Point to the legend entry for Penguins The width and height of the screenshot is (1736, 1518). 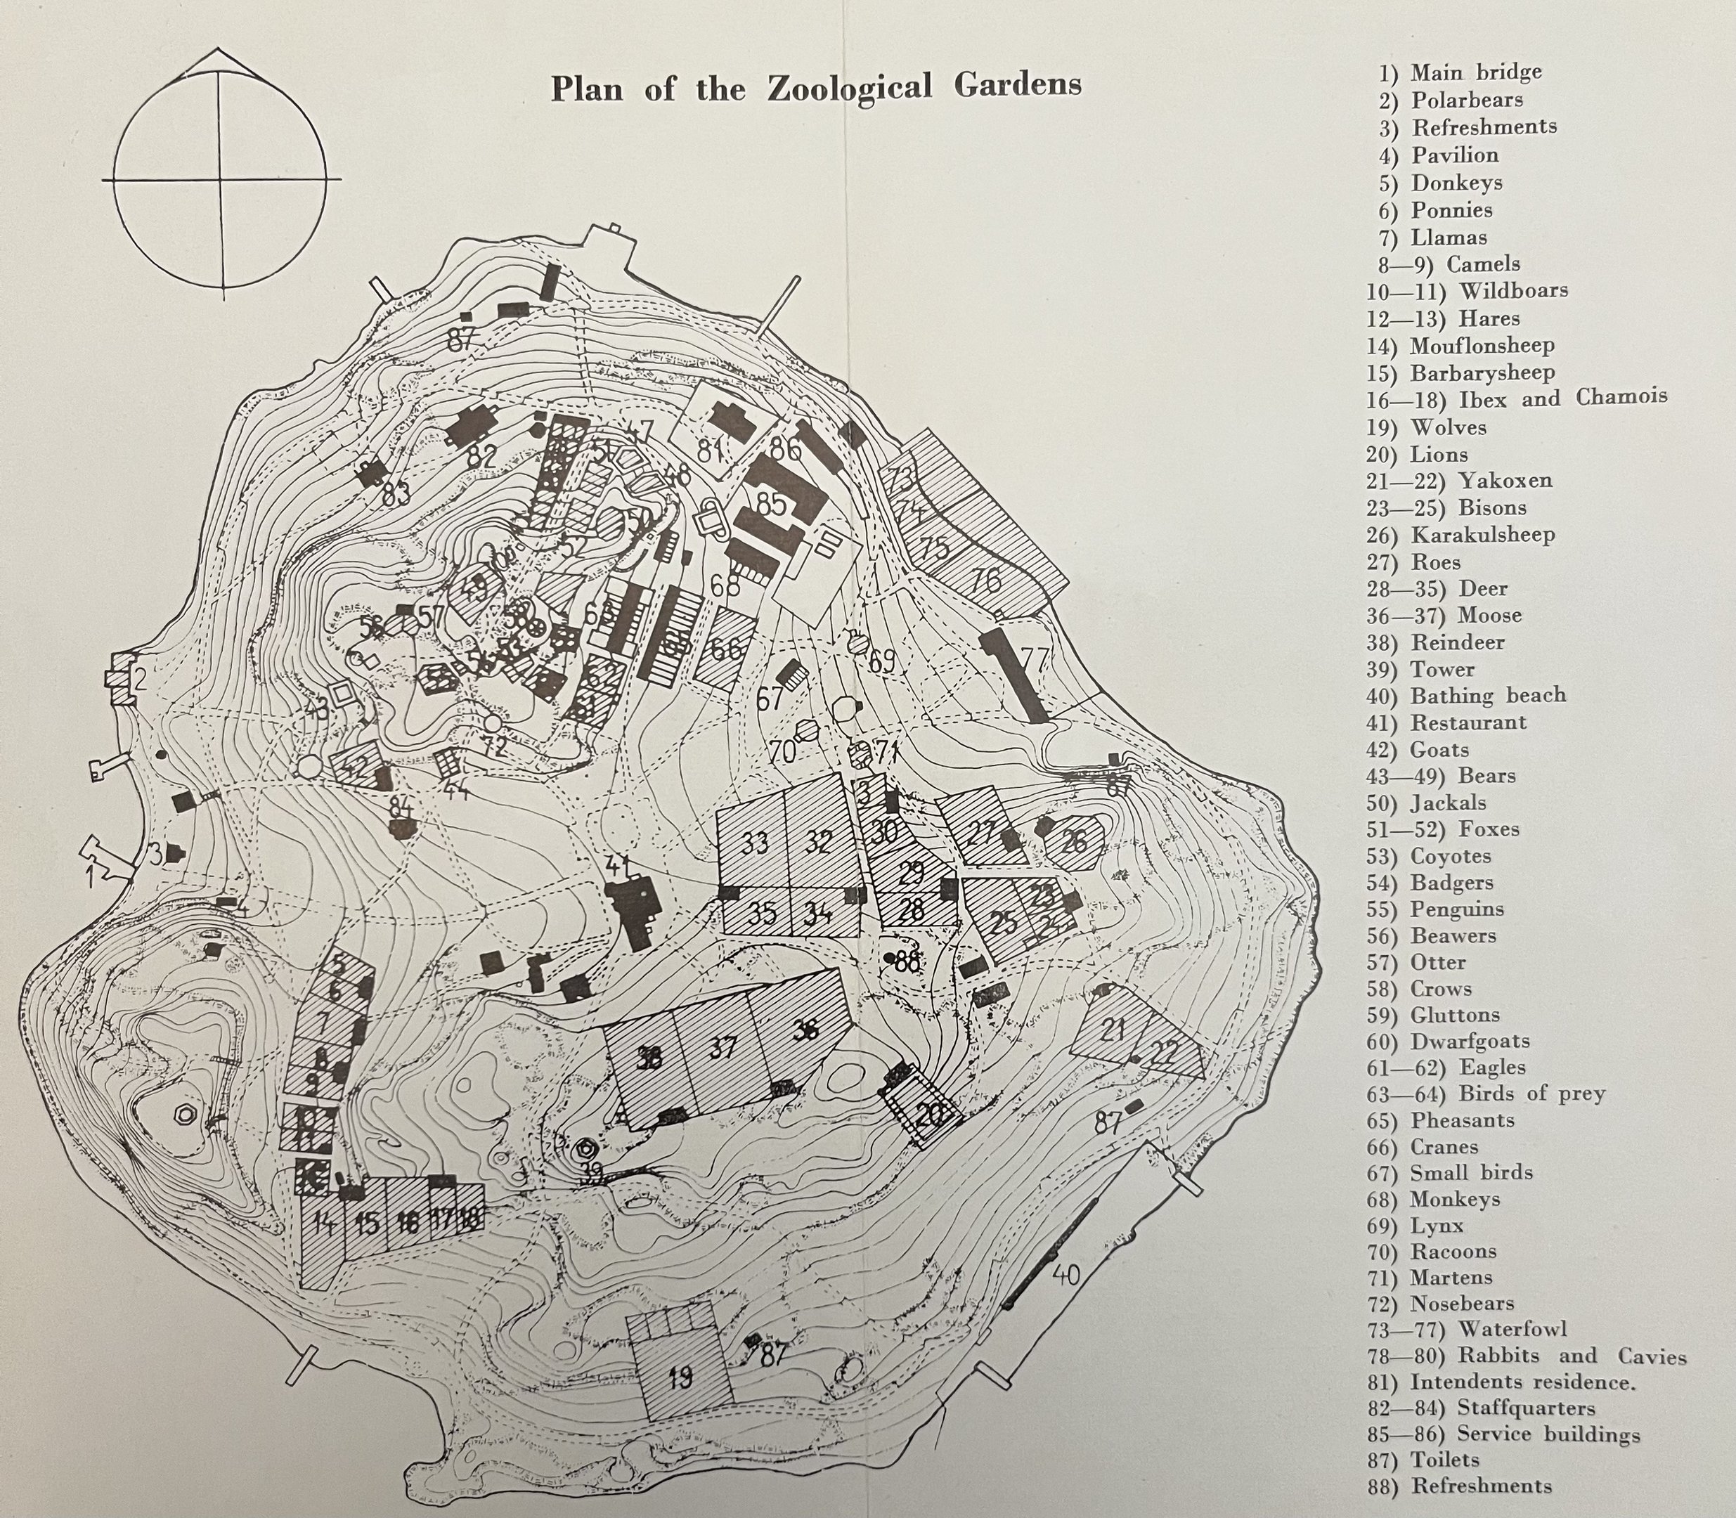1456,909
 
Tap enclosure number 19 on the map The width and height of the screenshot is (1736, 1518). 679,1376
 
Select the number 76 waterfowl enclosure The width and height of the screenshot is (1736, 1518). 985,580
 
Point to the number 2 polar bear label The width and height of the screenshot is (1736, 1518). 139,677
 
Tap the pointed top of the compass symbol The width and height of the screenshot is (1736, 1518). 224,49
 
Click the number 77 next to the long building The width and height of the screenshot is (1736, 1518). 1035,659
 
